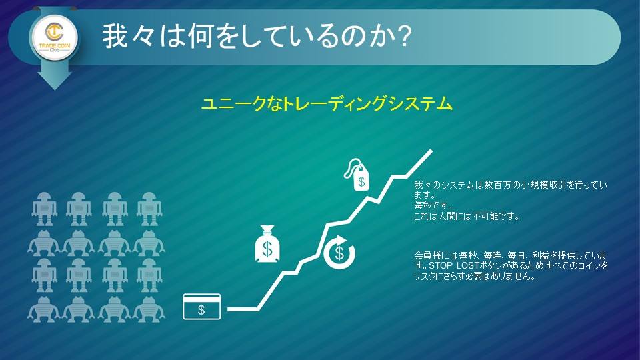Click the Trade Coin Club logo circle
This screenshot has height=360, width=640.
click(54, 38)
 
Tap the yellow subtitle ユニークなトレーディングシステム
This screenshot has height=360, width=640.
click(327, 104)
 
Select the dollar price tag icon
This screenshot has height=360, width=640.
click(357, 174)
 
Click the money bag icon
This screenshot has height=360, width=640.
click(267, 244)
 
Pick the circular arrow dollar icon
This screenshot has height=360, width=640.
click(339, 252)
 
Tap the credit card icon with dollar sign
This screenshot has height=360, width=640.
click(201, 307)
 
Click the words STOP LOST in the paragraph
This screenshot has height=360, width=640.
click(453, 266)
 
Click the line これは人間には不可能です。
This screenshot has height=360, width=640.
click(467, 216)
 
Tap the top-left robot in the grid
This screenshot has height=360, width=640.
click(44, 209)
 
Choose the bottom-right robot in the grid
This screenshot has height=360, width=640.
click(149, 310)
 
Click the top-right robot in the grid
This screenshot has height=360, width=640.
click(149, 209)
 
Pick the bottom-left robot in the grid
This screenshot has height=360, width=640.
click(44, 310)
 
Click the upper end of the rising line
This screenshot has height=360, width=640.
click(431, 151)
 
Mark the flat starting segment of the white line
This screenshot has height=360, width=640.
click(243, 309)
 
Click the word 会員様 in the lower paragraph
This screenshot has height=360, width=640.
click(428, 256)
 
